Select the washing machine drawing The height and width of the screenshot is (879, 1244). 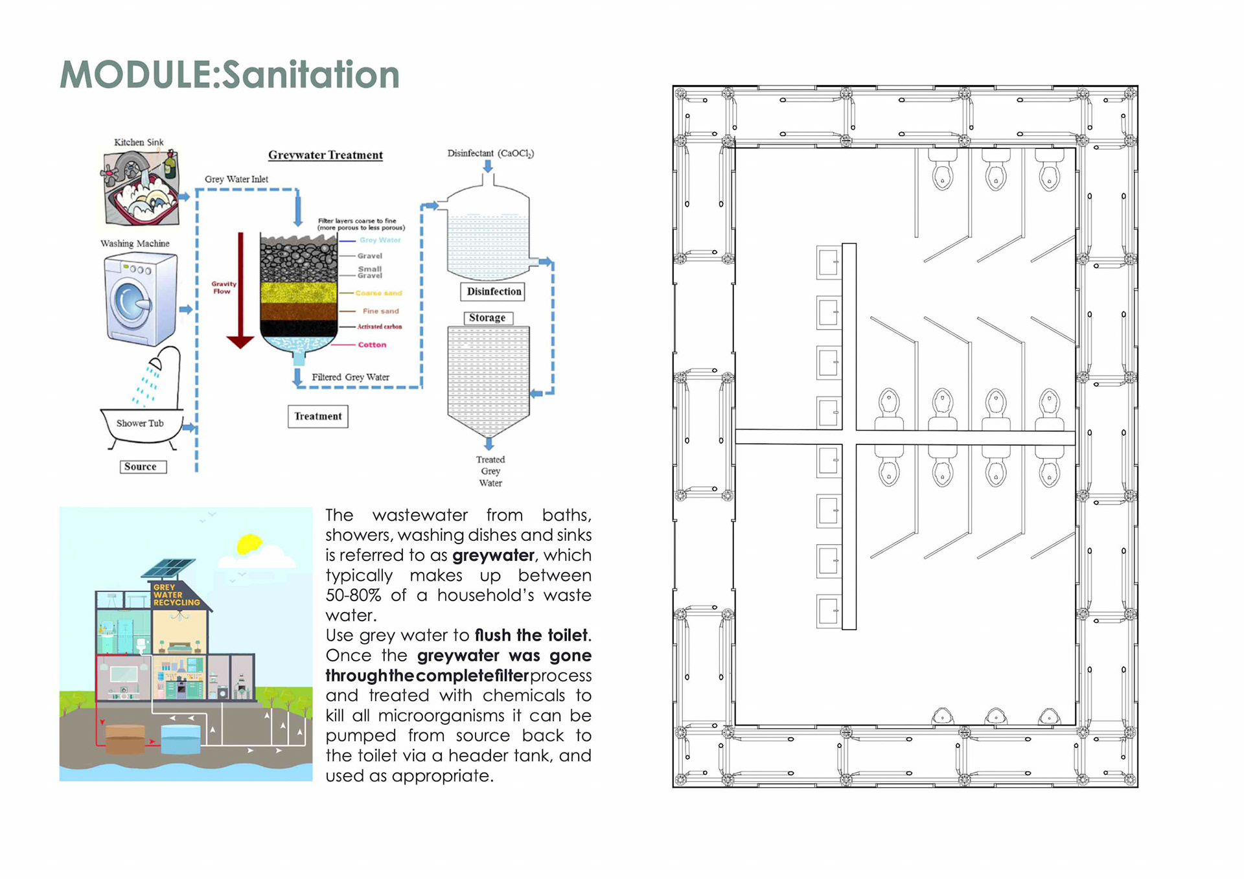click(141, 299)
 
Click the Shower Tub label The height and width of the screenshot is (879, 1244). click(140, 423)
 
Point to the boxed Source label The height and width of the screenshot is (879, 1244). click(141, 466)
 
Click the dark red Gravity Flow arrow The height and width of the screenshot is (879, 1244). click(240, 291)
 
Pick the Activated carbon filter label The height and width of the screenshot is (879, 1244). click(380, 326)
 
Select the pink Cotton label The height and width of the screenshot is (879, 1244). click(372, 345)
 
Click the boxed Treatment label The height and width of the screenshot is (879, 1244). click(317, 416)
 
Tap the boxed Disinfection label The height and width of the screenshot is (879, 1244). click(494, 291)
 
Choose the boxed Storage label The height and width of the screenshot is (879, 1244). click(487, 317)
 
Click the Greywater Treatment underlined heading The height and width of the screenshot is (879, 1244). click(325, 155)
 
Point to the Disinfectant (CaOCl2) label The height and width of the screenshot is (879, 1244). click(490, 154)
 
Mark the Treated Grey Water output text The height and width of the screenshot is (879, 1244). click(490, 471)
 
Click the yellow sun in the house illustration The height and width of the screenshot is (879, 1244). click(249, 544)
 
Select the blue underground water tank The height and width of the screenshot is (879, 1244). click(181, 739)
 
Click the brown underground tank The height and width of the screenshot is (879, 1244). click(125, 739)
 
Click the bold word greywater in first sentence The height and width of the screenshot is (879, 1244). click(493, 555)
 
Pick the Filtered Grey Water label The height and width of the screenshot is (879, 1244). click(351, 377)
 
